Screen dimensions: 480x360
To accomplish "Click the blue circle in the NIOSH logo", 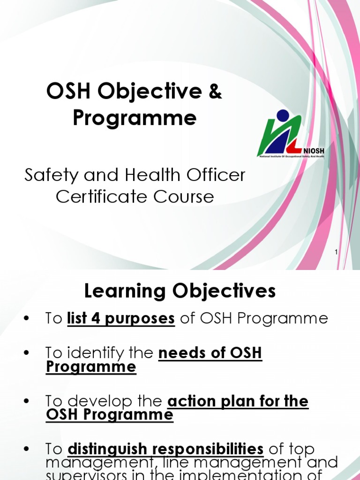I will (283, 115).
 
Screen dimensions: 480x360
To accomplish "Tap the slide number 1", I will (336, 253).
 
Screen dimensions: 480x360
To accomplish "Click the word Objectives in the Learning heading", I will (224, 292).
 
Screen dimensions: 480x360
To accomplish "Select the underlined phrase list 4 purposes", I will (121, 319).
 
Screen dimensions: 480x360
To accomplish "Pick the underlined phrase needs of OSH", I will (210, 352).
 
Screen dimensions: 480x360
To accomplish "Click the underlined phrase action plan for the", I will (238, 401).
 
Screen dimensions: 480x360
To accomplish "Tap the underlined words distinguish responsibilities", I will (165, 450).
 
